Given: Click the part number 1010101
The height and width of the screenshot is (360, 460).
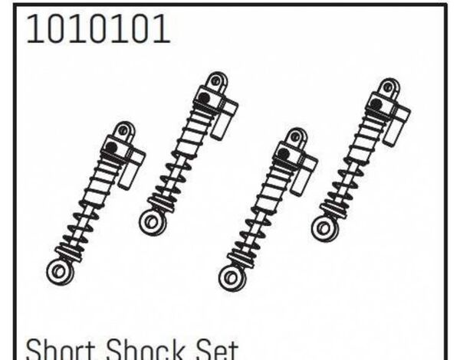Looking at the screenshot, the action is pos(98,29).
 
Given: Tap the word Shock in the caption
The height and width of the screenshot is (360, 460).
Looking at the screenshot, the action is pos(146,350).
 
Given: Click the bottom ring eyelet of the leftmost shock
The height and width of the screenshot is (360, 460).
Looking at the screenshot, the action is pos(60,271).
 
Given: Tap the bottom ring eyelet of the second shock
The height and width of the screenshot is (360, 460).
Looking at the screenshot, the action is pos(153,222).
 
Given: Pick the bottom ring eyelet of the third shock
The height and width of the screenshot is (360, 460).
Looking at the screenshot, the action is pos(232,277).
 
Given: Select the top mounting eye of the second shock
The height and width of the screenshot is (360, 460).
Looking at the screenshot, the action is pos(217,81).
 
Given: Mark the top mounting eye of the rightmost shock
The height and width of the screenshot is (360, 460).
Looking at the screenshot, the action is pos(389,87).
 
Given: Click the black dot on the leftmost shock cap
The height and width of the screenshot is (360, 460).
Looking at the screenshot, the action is pos(111,146).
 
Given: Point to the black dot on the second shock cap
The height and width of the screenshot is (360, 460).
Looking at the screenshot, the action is pos(204,97).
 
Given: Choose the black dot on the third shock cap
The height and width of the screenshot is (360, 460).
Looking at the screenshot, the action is pos(283,152).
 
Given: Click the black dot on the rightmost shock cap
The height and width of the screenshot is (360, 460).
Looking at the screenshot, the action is pos(376,103).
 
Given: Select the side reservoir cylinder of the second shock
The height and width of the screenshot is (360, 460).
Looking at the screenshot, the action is pos(224,119).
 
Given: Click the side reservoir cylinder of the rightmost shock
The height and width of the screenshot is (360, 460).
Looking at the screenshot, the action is pos(396,125).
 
